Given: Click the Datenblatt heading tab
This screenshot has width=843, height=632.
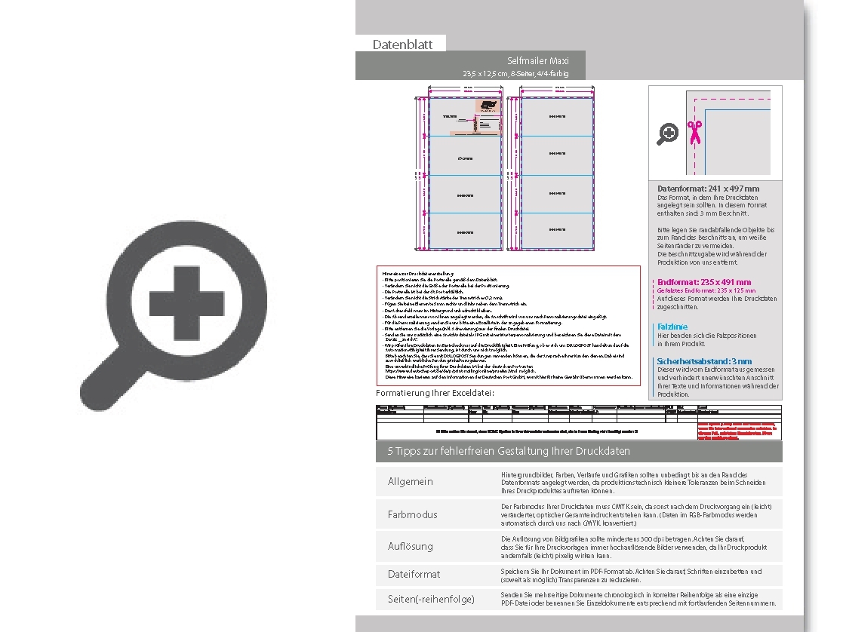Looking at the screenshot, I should click(402, 44).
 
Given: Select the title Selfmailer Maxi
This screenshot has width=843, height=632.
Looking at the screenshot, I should click(537, 61).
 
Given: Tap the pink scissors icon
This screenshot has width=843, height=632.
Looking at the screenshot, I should click(694, 132).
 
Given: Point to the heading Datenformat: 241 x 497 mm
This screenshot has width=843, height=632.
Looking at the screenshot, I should click(708, 189).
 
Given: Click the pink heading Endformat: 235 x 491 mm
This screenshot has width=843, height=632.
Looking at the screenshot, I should click(704, 282).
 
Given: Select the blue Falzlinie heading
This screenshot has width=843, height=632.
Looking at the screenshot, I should click(672, 327).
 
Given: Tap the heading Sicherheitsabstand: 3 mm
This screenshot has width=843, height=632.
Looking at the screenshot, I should click(704, 361).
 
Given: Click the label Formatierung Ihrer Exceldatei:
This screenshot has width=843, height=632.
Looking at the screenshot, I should click(435, 394).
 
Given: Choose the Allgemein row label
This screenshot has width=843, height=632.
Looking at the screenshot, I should click(411, 482).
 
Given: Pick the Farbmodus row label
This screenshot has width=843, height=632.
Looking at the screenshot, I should click(412, 514).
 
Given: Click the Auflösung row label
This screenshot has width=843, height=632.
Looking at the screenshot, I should click(411, 546).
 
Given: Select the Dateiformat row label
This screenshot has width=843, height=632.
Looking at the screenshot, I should click(414, 574).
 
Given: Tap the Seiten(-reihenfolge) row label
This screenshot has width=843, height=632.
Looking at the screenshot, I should click(431, 600).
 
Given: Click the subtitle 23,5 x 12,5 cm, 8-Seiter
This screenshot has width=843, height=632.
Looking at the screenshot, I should click(515, 74).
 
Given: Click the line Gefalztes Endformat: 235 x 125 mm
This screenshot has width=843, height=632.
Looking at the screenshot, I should click(706, 290).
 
